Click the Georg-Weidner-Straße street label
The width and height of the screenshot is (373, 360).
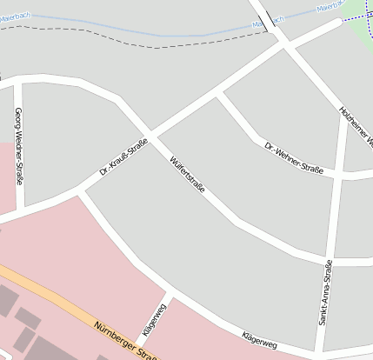tap(18, 146)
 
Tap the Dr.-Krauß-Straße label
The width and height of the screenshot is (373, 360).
tap(123, 157)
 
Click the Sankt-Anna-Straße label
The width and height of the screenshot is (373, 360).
tap(324, 293)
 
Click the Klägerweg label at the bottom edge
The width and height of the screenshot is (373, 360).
tap(258, 342)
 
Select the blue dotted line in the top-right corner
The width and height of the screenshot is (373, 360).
tap(356, 17)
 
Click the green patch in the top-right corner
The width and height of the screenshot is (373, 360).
tap(363, 33)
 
